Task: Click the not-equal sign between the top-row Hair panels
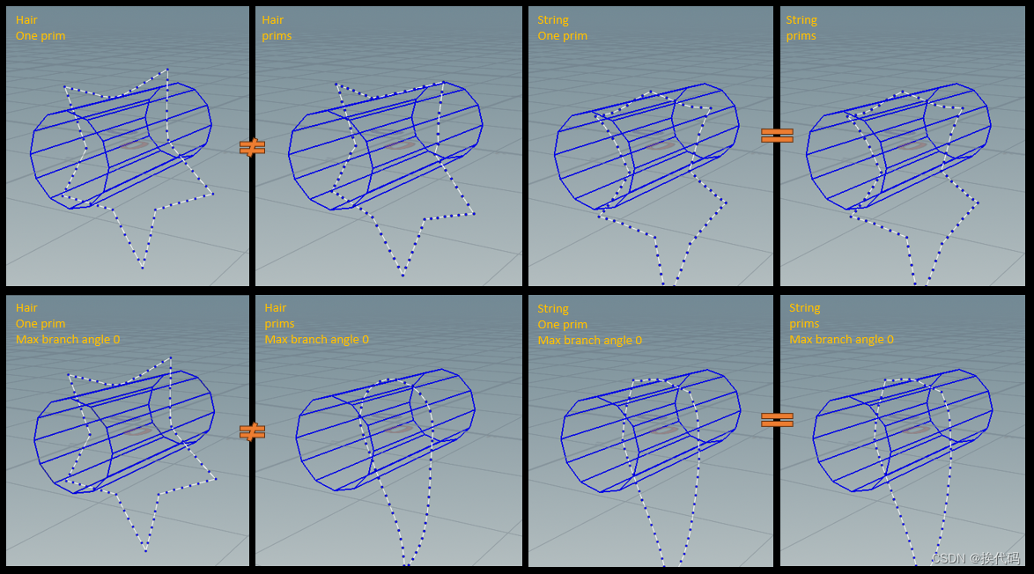(252, 148)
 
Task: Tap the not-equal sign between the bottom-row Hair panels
(252, 431)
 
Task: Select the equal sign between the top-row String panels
(777, 135)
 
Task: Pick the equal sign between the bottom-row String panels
(777, 419)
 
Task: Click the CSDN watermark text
(976, 558)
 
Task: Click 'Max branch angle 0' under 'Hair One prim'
(68, 340)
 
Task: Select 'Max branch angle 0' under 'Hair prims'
(316, 340)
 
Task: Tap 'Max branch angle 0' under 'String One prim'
(589, 340)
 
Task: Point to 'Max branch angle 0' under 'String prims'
(841, 340)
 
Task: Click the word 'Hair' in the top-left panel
(26, 19)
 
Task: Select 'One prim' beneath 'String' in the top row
(562, 35)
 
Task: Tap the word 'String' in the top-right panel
(801, 19)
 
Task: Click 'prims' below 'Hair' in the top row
(277, 35)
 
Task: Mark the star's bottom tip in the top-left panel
(142, 268)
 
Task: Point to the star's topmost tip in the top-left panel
(167, 69)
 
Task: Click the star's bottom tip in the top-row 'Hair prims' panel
(403, 275)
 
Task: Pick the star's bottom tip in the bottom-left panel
(145, 550)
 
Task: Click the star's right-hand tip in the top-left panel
(212, 194)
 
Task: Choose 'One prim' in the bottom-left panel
(41, 324)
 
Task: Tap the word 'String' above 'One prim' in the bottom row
(552, 308)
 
